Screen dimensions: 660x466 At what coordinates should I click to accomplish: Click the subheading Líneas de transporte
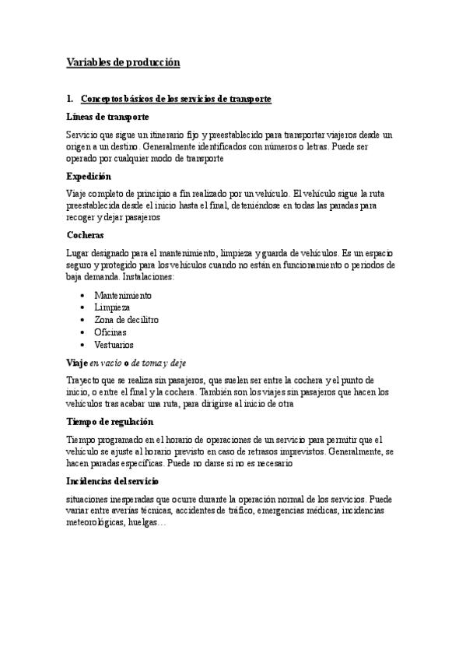coord(107,116)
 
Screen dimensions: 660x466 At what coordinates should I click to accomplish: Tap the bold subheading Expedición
coord(89,176)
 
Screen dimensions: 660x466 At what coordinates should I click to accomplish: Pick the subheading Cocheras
coord(85,234)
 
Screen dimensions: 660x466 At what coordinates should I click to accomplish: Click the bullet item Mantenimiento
coord(122,296)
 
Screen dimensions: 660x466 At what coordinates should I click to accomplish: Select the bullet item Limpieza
coord(112,307)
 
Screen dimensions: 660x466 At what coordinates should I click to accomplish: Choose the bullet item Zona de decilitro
coord(126,320)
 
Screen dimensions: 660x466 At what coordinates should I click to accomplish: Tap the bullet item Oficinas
coord(110,332)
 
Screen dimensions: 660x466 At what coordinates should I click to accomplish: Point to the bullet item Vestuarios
coord(114,344)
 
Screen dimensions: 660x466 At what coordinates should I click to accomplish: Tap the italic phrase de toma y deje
coord(159,363)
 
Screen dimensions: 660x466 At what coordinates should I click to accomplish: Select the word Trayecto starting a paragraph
coord(84,381)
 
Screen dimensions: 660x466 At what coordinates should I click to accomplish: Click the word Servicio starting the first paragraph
coord(83,135)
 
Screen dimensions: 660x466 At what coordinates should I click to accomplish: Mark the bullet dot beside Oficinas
coord(82,332)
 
